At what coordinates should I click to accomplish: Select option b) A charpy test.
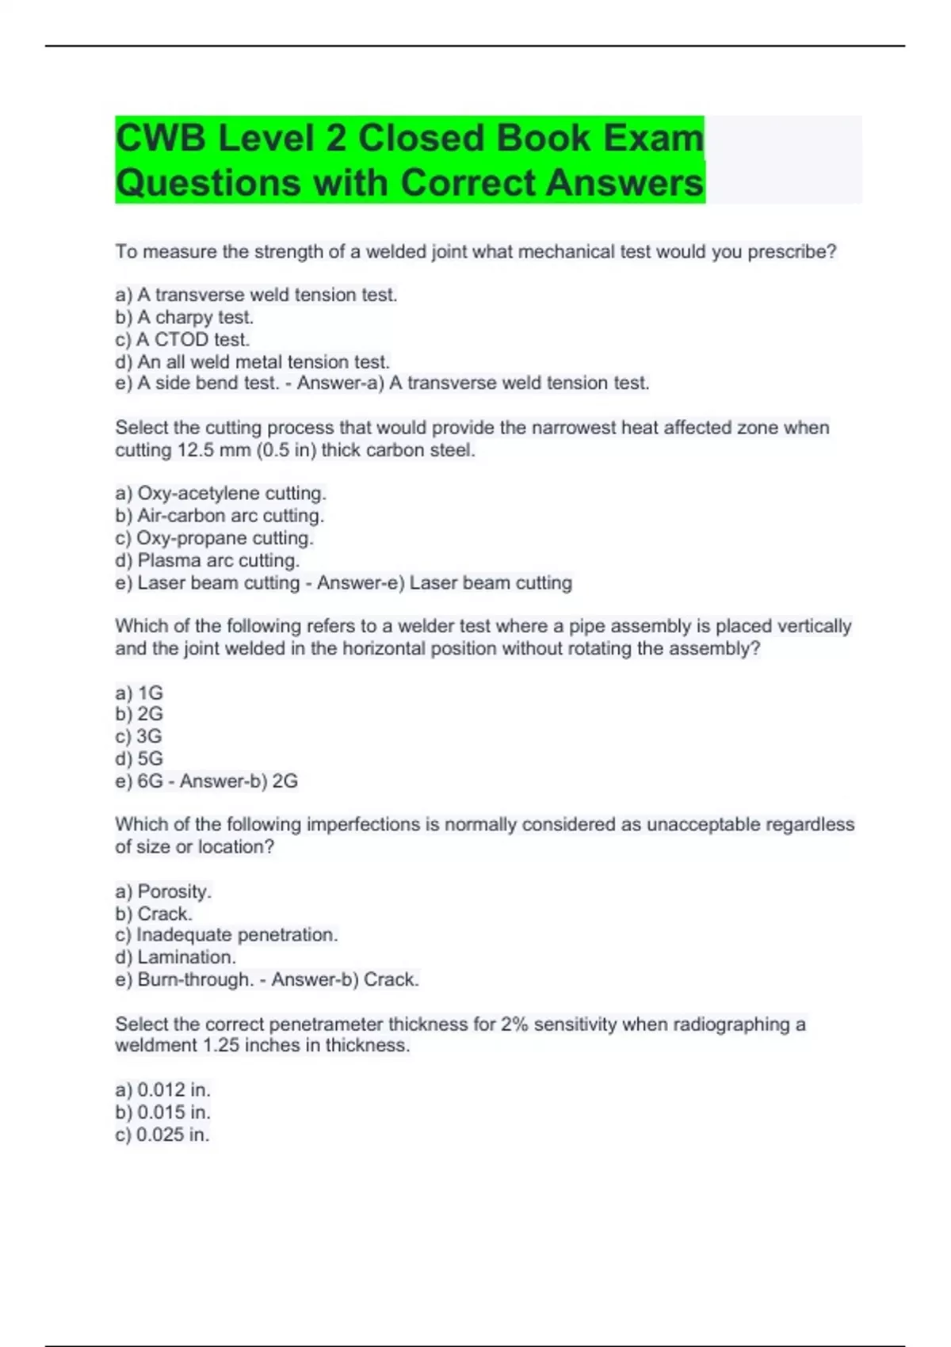[x=185, y=317]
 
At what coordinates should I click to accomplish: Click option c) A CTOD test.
[x=182, y=339]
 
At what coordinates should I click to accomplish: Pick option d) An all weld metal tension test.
[x=252, y=362]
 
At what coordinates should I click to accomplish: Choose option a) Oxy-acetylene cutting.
[x=220, y=493]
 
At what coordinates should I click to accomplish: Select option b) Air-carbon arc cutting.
[x=220, y=516]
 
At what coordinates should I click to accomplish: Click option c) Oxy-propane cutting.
[x=214, y=538]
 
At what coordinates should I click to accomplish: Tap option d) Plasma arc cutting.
[x=207, y=560]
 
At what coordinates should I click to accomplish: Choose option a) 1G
[x=139, y=693]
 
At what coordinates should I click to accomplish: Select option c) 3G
[x=139, y=736]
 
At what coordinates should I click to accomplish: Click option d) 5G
[x=139, y=758]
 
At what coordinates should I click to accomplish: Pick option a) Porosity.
[x=163, y=891]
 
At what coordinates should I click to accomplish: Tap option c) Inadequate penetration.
[x=226, y=935]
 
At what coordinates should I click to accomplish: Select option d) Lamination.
[x=175, y=957]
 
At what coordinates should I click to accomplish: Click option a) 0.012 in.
[x=162, y=1089]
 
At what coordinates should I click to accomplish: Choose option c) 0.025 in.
[x=162, y=1135]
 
